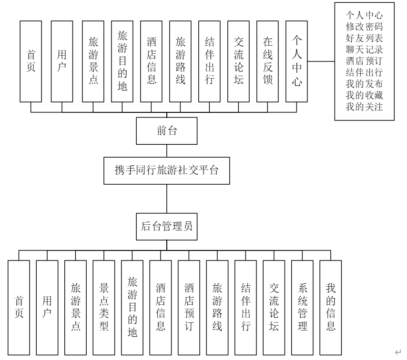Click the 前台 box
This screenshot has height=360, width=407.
[167, 131]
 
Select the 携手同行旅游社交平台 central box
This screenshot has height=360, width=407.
[167, 170]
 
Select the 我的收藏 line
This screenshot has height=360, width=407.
[365, 93]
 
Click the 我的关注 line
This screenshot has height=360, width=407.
[365, 105]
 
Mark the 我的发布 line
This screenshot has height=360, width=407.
[365, 82]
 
